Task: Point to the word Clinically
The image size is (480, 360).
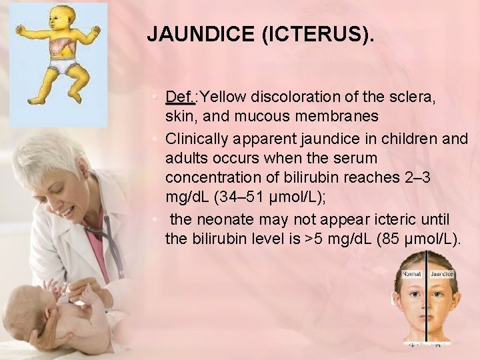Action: click(x=197, y=139)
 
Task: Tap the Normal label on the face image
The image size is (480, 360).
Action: click(x=411, y=274)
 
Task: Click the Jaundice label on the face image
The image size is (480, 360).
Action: click(x=441, y=274)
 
